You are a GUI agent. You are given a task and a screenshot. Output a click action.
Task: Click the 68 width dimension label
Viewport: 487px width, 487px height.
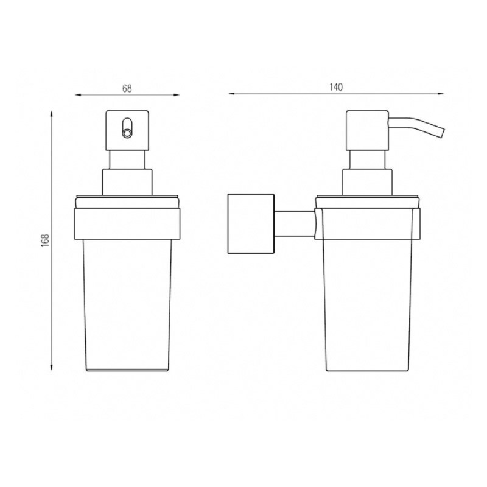tap(127, 88)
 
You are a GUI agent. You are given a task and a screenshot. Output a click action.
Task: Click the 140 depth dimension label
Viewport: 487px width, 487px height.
tap(336, 87)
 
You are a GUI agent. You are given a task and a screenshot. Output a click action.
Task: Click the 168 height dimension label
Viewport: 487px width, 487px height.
tap(45, 240)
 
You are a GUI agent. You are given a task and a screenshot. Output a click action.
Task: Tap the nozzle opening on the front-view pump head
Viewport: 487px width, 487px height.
tap(127, 133)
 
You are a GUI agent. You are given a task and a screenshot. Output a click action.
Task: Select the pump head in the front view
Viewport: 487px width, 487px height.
tap(127, 130)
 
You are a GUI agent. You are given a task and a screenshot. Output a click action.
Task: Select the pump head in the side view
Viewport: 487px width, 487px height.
tap(368, 130)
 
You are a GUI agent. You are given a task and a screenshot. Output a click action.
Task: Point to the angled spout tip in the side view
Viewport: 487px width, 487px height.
tap(443, 132)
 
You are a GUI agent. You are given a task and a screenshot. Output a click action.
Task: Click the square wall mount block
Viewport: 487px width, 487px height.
tap(251, 224)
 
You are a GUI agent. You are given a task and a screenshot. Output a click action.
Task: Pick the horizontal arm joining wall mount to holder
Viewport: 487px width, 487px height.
tap(295, 224)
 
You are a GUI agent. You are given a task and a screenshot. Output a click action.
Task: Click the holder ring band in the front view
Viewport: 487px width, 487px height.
tap(127, 223)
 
